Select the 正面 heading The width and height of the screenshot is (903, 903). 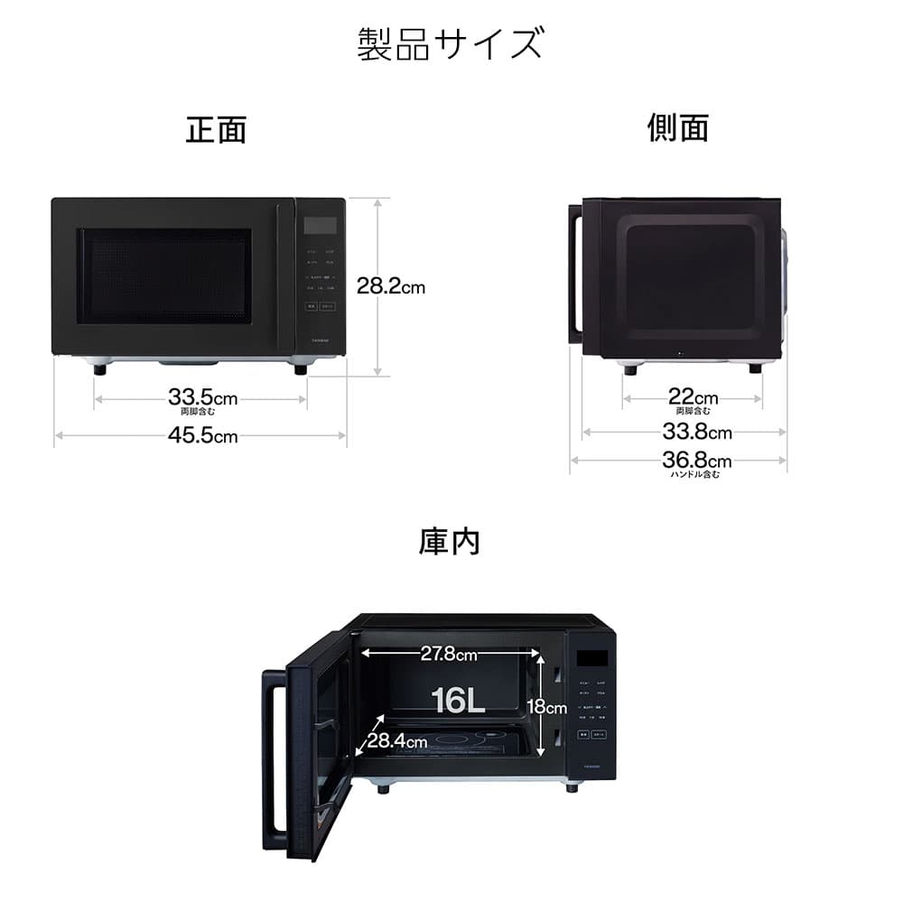click(216, 129)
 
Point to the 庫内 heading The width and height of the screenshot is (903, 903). click(449, 542)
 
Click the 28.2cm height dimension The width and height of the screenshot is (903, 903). click(390, 287)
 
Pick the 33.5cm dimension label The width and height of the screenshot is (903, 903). click(202, 397)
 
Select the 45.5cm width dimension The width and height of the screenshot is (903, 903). click(202, 436)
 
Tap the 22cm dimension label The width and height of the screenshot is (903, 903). click(693, 397)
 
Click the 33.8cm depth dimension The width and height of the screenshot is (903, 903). click(696, 432)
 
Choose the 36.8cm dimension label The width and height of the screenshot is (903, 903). click(696, 461)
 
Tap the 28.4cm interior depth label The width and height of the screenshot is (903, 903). click(396, 740)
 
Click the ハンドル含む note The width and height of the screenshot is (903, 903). click(695, 475)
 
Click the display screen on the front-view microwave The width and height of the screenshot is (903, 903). click(320, 225)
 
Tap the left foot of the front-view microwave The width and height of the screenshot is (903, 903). click(98, 368)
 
